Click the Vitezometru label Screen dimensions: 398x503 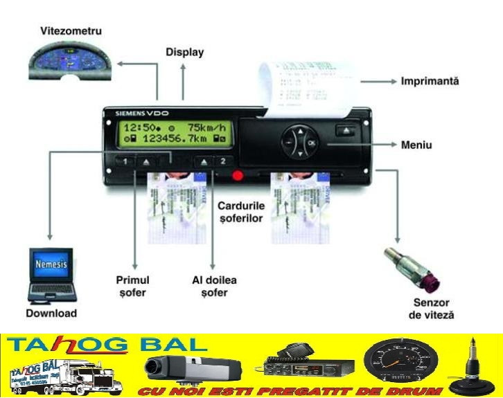pyautogui.click(x=71, y=32)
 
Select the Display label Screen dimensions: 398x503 pyautogui.click(x=185, y=52)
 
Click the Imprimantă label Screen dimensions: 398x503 pyautogui.click(x=430, y=82)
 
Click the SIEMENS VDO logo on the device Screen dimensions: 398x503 pyautogui.click(x=142, y=113)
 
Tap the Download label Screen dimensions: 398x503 pyautogui.click(x=51, y=314)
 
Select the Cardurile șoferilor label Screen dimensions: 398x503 pyautogui.click(x=240, y=212)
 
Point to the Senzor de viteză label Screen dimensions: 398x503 pyautogui.click(x=431, y=309)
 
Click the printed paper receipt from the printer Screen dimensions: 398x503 pyautogui.click(x=306, y=87)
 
